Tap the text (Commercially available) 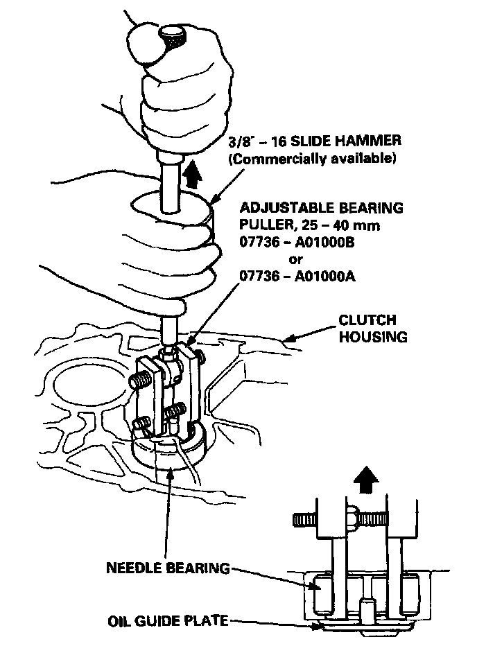pyautogui.click(x=312, y=159)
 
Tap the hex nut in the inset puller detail pyautogui.click(x=353, y=515)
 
